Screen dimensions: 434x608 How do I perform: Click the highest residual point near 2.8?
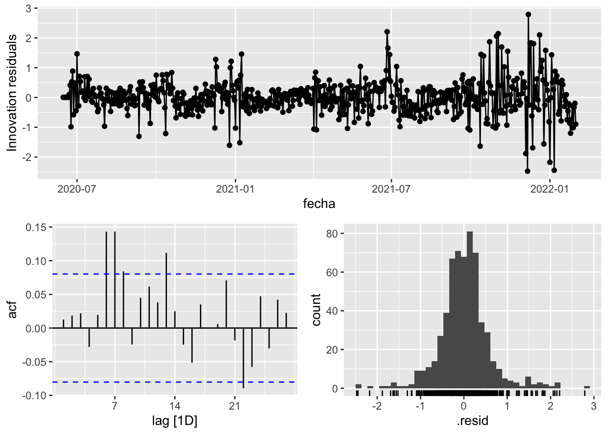pyautogui.click(x=528, y=14)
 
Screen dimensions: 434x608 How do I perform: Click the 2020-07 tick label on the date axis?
pyautogui.click(x=76, y=189)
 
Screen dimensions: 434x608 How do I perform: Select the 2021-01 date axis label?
pyautogui.click(x=235, y=189)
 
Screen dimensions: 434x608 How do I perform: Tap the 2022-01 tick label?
pyautogui.click(x=549, y=189)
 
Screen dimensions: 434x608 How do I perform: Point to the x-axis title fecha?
pyautogui.click(x=319, y=204)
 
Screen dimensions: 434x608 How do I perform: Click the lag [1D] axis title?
pyautogui.click(x=175, y=421)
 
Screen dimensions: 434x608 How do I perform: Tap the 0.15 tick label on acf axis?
pyautogui.click(x=36, y=227)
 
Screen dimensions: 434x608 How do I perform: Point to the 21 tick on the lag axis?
pyautogui.click(x=234, y=406)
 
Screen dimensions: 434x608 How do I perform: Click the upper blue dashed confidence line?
pyautogui.click(x=204, y=274)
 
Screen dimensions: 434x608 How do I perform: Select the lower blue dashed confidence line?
pyautogui.click(x=204, y=382)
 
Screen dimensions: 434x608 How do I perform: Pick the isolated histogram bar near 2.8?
pyautogui.click(x=587, y=387)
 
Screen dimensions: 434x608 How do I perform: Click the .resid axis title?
pyautogui.click(x=472, y=421)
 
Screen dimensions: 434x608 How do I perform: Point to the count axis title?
pyautogui.click(x=316, y=310)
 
